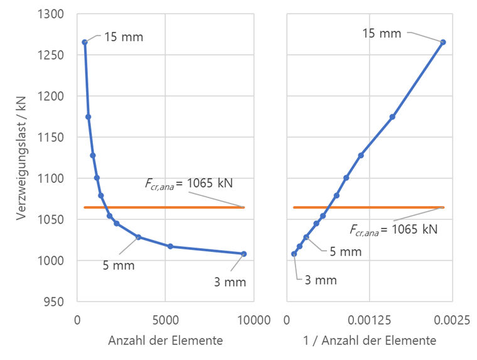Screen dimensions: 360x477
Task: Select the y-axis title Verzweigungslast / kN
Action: (x=23, y=158)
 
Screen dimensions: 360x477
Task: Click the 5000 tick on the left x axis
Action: (x=165, y=320)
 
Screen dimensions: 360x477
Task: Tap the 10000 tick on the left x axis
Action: (x=253, y=320)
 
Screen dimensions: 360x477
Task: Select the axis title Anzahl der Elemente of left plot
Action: (x=165, y=341)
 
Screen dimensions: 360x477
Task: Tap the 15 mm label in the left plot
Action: (x=124, y=37)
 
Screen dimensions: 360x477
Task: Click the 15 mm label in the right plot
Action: (x=382, y=33)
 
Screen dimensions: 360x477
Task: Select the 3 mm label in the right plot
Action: (x=321, y=280)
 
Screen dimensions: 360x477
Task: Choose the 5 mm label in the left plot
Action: (x=119, y=265)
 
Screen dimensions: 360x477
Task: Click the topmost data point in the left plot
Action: (x=84, y=42)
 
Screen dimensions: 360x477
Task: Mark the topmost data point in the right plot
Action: (x=442, y=42)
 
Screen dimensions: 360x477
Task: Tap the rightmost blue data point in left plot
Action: (x=244, y=254)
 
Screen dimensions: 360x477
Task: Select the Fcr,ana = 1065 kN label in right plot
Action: (x=392, y=229)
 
